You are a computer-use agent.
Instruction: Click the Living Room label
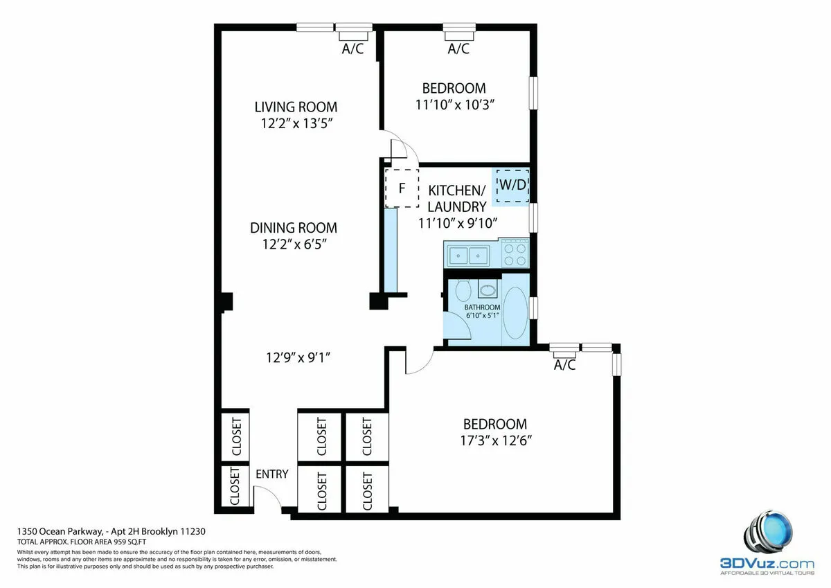pyautogui.click(x=296, y=107)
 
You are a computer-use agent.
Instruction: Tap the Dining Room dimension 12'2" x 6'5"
pyautogui.click(x=294, y=244)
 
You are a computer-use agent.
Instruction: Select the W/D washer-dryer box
pyautogui.click(x=512, y=186)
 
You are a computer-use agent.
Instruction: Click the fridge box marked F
pyautogui.click(x=402, y=188)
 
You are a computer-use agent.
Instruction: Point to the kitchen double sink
pyautogui.click(x=469, y=256)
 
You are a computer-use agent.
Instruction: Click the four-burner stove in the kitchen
pyautogui.click(x=514, y=254)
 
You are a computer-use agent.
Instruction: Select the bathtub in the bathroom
pyautogui.click(x=515, y=313)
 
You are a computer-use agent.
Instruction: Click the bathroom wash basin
pyautogui.click(x=488, y=289)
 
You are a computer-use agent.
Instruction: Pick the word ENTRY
pyautogui.click(x=272, y=474)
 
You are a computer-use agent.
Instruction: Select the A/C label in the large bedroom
pyautogui.click(x=565, y=365)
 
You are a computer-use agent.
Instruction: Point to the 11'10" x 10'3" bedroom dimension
pyautogui.click(x=454, y=104)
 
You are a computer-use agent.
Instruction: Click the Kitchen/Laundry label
pyautogui.click(x=456, y=198)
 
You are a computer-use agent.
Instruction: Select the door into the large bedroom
pyautogui.click(x=418, y=362)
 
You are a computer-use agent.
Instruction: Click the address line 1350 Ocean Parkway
pyautogui.click(x=111, y=531)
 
